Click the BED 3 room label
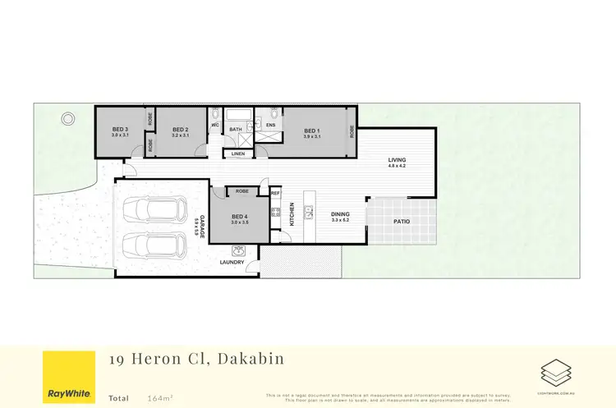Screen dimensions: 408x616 [x=120, y=130]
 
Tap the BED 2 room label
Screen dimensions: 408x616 [x=181, y=130]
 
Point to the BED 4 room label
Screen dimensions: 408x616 [x=239, y=217]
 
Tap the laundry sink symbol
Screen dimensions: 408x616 [x=239, y=250]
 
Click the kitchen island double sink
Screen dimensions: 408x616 [x=310, y=212]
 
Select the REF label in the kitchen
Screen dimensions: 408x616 [x=275, y=193]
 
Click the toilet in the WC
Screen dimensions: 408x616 [x=215, y=115]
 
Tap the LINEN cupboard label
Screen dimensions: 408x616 [x=237, y=154]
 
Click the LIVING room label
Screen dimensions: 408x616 [x=397, y=160]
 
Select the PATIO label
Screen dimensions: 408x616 [x=401, y=222]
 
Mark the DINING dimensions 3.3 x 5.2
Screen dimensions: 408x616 [x=340, y=220]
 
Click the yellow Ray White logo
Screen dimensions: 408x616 [x=67, y=378]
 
